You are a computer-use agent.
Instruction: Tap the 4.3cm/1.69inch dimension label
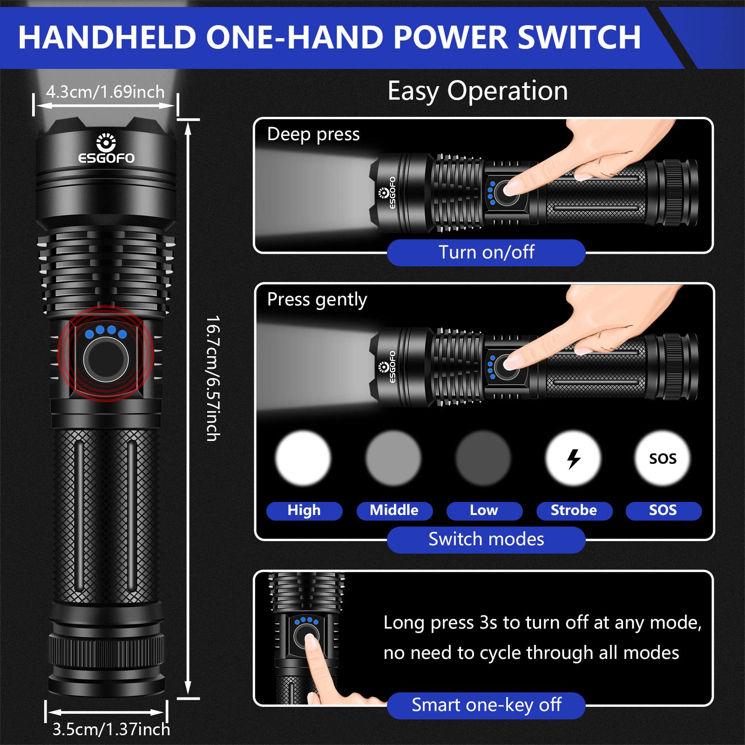pos(105,92)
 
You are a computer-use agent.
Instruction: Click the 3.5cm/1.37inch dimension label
pos(111,729)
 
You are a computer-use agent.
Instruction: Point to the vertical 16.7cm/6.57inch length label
pos(213,378)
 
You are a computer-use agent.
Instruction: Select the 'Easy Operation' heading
pos(478,91)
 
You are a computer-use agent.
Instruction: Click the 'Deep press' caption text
pos(313,134)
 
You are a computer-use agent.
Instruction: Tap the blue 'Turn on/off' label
pos(486,252)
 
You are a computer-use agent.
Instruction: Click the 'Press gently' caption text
pos(317,299)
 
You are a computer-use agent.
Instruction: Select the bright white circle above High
pos(303,458)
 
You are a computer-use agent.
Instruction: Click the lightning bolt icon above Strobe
pos(574,459)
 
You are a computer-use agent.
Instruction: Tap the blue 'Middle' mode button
pos(394,510)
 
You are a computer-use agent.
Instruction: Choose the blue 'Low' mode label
pos(484,510)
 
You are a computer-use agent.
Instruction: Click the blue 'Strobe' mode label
pos(574,510)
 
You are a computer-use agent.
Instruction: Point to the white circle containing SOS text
pos(663,459)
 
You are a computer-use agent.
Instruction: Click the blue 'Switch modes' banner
pos(486,539)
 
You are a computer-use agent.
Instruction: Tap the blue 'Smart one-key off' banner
pos(486,705)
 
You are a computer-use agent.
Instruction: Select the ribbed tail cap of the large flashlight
pos(106,652)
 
